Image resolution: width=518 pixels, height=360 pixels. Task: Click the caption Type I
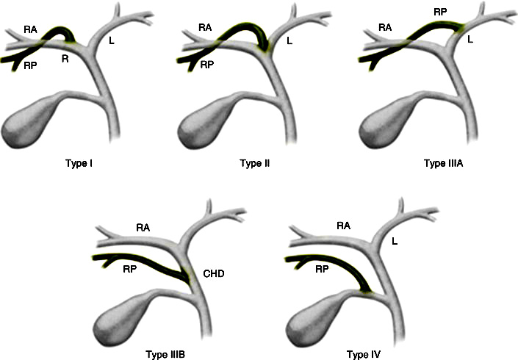pyautogui.click(x=75, y=163)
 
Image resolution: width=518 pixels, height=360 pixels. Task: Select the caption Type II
pyautogui.click(x=254, y=163)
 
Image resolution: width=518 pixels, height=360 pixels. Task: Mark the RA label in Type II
pyautogui.click(x=206, y=27)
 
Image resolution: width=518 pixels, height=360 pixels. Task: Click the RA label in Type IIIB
pyautogui.click(x=144, y=228)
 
